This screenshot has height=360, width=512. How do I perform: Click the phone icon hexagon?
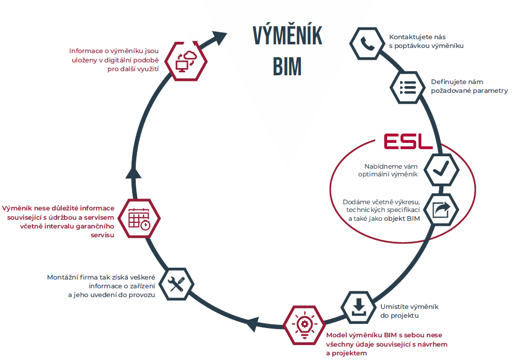(367, 43)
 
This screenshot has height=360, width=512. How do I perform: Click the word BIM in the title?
(287, 66)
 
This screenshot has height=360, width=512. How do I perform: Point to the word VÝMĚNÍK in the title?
(287, 36)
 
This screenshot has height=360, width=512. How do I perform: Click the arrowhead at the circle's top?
(219, 38)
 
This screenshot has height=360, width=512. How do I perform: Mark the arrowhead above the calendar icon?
(134, 171)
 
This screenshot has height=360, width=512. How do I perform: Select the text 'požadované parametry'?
(469, 91)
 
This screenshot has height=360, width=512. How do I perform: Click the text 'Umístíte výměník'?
(413, 307)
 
